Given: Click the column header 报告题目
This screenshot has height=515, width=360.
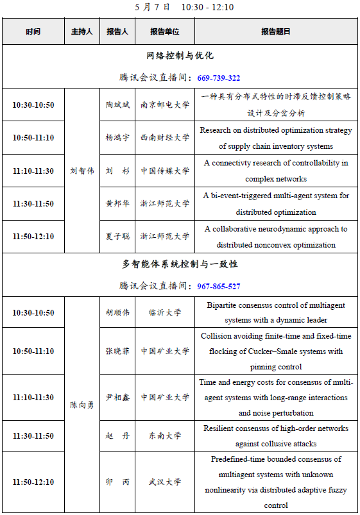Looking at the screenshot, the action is [x=276, y=31].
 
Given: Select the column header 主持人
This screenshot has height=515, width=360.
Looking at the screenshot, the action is [x=82, y=31].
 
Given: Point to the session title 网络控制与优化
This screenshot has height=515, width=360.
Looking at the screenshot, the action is [x=180, y=56].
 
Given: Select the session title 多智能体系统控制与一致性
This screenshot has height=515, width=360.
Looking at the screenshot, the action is [x=180, y=264].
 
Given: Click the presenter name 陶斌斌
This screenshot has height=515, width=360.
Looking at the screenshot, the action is [x=117, y=105].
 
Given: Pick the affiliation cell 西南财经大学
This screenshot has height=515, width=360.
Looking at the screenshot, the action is [x=165, y=137].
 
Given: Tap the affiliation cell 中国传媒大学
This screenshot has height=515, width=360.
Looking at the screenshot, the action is [x=165, y=171].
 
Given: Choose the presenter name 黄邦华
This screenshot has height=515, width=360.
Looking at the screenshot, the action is [x=117, y=204].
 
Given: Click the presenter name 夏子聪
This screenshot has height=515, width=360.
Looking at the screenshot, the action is [x=117, y=237].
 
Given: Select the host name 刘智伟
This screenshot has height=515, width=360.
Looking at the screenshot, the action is [x=82, y=171].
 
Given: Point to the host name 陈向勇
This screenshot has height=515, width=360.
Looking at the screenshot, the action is [x=82, y=405].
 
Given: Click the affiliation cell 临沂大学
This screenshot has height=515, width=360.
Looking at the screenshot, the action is [x=165, y=313].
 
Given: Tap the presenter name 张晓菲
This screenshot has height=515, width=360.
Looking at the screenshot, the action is [x=117, y=351].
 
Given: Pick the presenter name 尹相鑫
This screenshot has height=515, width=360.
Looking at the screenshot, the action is [x=117, y=398].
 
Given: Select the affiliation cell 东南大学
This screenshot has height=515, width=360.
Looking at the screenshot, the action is [x=165, y=436].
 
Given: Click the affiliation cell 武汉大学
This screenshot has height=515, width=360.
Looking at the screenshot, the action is [x=165, y=482].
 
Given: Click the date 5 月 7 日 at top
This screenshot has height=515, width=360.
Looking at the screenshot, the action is [x=153, y=7].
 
